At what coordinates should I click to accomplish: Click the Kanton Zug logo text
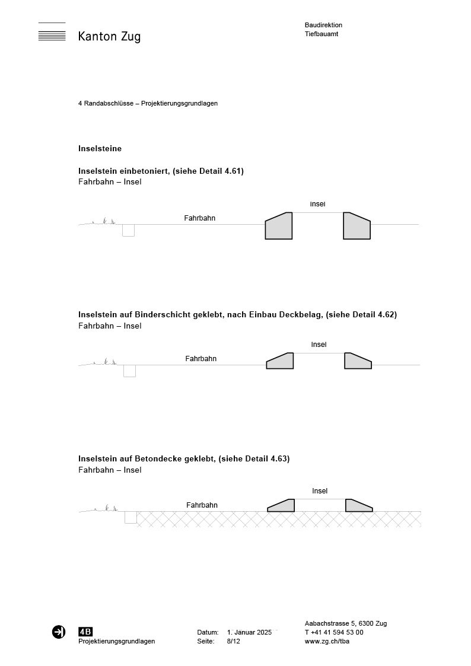(x=109, y=37)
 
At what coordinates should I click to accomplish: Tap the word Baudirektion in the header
(x=323, y=25)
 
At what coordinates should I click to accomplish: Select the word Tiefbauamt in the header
(x=322, y=34)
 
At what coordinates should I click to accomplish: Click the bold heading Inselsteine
(x=100, y=148)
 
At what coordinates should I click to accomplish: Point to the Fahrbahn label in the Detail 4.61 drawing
(x=199, y=218)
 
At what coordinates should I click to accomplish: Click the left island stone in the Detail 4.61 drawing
(x=279, y=227)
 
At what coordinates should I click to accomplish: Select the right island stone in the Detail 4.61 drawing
(x=356, y=227)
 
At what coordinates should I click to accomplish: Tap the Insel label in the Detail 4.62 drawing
(x=319, y=345)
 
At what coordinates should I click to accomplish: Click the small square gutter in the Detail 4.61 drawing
(x=128, y=230)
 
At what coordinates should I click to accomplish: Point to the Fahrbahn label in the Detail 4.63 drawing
(x=202, y=505)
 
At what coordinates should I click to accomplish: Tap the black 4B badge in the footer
(x=85, y=632)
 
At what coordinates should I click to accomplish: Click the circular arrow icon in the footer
(x=59, y=632)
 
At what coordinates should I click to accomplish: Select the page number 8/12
(x=234, y=641)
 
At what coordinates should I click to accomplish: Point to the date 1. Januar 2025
(x=249, y=632)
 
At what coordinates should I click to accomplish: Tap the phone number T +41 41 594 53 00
(x=334, y=632)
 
